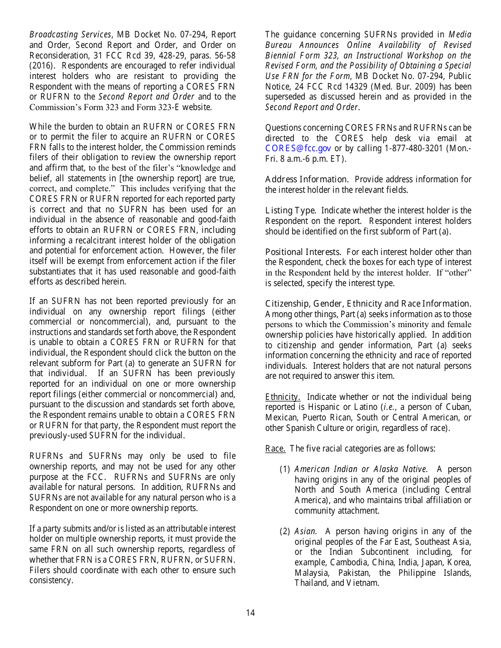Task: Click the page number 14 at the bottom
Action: point(250,613)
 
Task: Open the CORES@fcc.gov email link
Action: point(298,149)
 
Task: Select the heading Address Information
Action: point(306,180)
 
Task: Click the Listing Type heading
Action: point(291,211)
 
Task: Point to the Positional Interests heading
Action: point(303,252)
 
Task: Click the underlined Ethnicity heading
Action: point(283,397)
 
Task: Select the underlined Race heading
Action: point(275,449)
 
